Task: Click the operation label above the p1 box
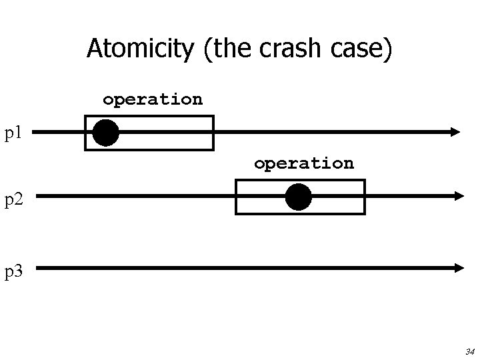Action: tap(152, 99)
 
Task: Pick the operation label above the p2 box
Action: tap(303, 163)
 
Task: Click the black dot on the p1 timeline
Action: tap(105, 133)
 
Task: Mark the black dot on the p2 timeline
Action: tap(298, 197)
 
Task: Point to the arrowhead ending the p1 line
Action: tap(455, 132)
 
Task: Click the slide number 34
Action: tap(469, 351)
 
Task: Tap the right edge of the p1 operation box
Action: tap(213, 133)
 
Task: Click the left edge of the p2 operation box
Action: tap(237, 197)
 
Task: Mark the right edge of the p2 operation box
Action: tap(364, 197)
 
